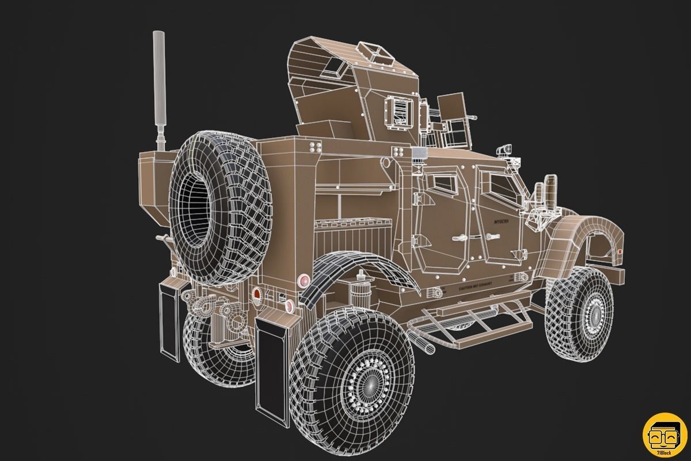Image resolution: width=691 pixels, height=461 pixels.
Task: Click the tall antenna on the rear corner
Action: pos(158,86)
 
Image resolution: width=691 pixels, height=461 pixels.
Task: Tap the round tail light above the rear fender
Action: pos(303,281)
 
